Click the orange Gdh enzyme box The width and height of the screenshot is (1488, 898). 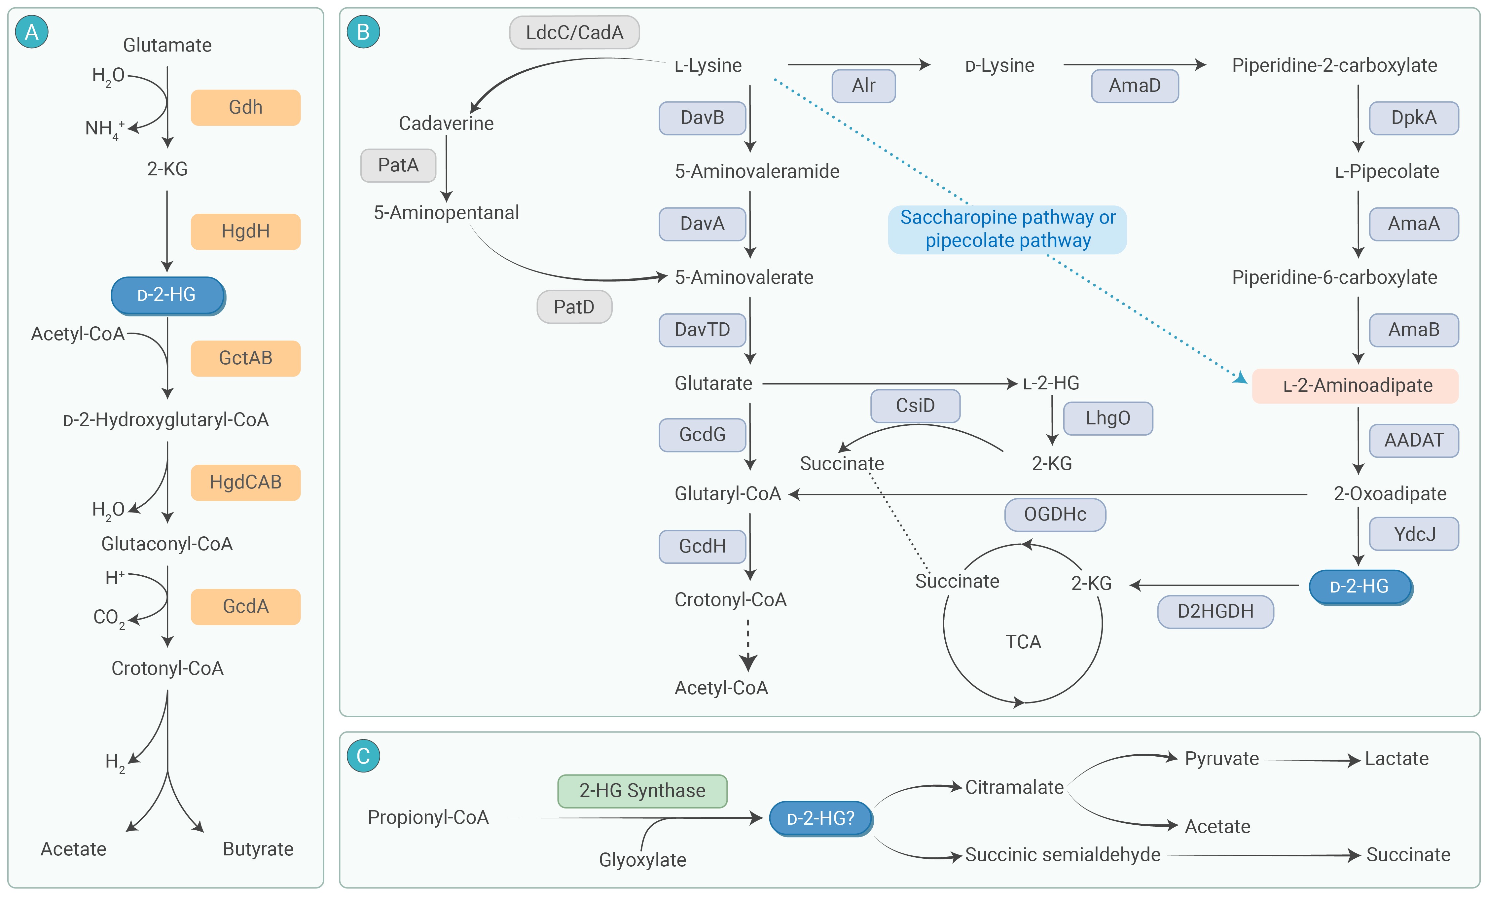245,107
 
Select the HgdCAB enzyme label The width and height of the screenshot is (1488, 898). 245,482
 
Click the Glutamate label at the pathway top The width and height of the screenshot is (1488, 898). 167,45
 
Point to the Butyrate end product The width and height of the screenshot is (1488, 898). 258,849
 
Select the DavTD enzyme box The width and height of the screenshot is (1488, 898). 702,330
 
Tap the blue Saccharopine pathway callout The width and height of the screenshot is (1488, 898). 1007,229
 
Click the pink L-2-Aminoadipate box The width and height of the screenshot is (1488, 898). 1356,385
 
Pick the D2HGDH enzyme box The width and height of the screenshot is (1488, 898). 1215,611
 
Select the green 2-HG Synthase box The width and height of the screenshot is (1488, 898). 642,791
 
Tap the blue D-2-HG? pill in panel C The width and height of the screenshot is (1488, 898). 821,818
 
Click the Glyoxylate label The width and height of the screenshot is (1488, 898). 642,859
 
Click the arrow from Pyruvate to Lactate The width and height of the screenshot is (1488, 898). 1310,760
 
